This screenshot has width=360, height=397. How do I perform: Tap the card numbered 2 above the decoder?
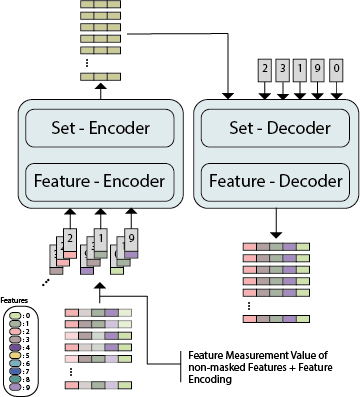(264, 70)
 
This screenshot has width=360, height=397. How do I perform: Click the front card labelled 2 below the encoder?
(69, 240)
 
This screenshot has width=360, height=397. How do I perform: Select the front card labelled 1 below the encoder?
(100, 240)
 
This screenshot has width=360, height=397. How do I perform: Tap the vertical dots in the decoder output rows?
(274, 305)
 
